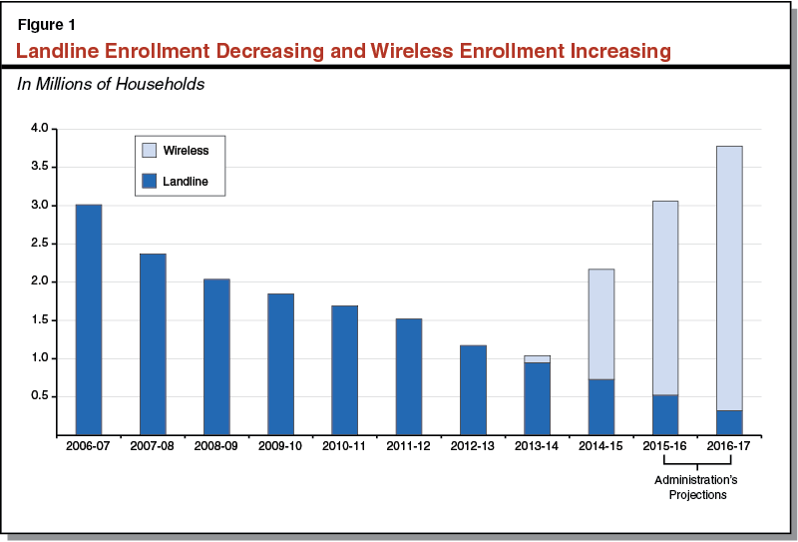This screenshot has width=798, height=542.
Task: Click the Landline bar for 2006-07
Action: (x=89, y=319)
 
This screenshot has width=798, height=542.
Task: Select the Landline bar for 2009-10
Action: (x=280, y=364)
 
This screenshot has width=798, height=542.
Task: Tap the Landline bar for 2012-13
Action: (x=473, y=389)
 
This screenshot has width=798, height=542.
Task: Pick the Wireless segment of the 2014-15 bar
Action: (x=600, y=324)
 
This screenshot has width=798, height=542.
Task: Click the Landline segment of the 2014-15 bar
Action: (x=600, y=407)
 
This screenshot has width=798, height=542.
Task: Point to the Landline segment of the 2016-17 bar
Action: (x=728, y=422)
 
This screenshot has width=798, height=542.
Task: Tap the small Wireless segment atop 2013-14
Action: (x=537, y=358)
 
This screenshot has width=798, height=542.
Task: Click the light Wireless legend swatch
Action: (x=149, y=150)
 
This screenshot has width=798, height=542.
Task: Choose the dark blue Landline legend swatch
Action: (x=149, y=181)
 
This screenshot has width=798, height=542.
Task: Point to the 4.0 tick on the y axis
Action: (x=39, y=129)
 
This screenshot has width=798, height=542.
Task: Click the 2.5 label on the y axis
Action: (x=39, y=244)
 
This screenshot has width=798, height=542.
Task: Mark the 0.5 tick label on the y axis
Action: (x=39, y=396)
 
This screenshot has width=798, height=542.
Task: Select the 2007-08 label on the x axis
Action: (x=153, y=446)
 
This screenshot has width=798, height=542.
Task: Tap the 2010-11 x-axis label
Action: (x=344, y=446)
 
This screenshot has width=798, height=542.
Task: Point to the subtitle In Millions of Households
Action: (x=111, y=84)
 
